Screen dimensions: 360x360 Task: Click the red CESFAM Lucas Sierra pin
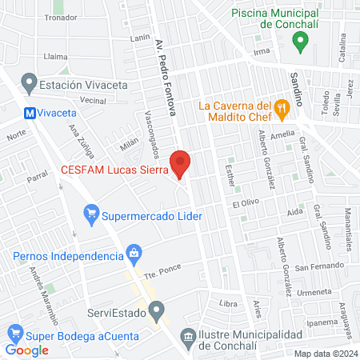point(181,162)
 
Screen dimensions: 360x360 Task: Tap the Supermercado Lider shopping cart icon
point(92,214)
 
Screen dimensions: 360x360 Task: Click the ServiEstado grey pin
point(157,309)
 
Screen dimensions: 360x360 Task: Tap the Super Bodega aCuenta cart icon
point(14,333)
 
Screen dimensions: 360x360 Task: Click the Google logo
point(27,350)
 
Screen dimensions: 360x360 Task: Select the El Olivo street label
point(248,206)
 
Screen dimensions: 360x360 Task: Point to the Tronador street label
point(61,17)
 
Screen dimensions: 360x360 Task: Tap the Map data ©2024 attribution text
point(325,354)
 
